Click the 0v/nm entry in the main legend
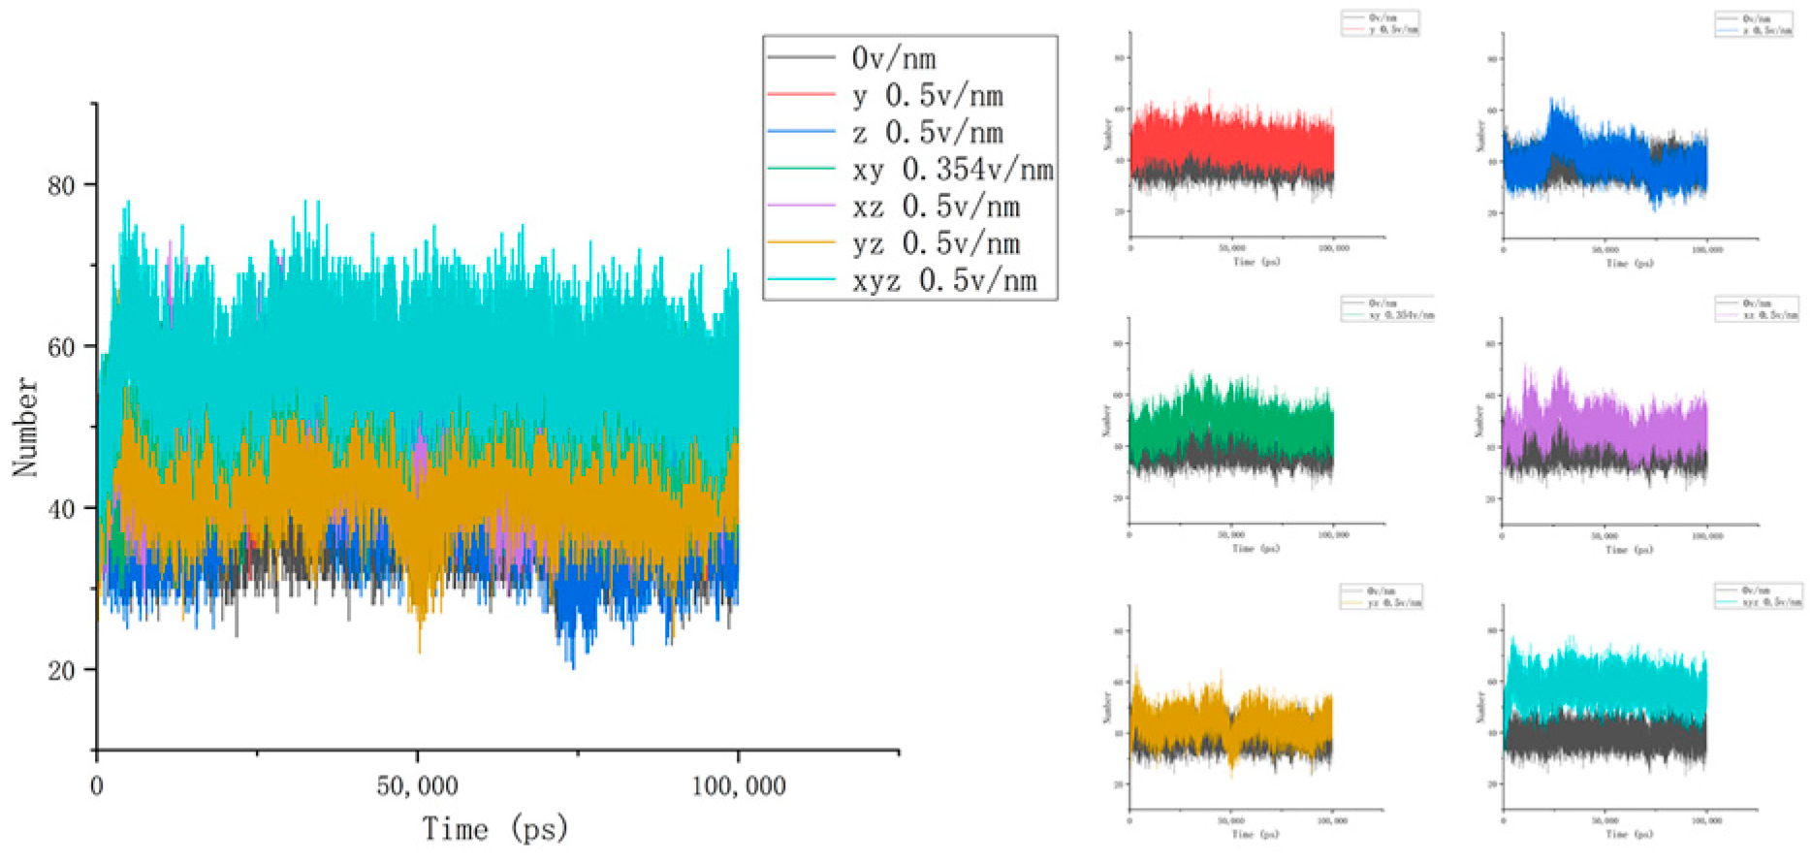click(893, 59)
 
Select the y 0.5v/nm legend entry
click(927, 96)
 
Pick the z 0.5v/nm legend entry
click(927, 133)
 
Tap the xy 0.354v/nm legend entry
click(952, 170)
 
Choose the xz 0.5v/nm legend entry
click(936, 207)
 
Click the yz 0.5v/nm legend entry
click(936, 243)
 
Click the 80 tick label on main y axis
click(61, 185)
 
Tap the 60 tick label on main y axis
click(61, 347)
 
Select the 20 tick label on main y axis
click(61, 670)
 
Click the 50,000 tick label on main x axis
click(417, 785)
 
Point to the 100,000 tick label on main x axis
click(738, 785)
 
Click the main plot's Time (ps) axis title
click(494, 829)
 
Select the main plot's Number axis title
click(26, 427)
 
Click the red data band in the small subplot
click(1231, 136)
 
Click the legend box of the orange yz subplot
click(1382, 597)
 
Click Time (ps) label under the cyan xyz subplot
click(1630, 834)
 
